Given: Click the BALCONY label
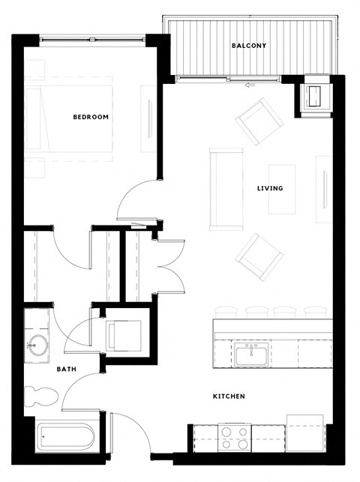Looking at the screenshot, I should [x=248, y=46].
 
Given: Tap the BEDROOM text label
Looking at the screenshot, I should [x=91, y=117].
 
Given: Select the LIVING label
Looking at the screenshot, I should [x=270, y=188].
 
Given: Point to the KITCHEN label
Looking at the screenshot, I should [x=228, y=397].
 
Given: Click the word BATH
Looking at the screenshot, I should [x=67, y=370].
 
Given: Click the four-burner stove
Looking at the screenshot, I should [x=234, y=437].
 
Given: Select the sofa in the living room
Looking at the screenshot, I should [x=226, y=187].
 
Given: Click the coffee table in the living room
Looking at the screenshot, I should [x=282, y=189].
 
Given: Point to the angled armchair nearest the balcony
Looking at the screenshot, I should [x=258, y=120].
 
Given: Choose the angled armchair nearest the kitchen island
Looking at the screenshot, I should [x=259, y=256].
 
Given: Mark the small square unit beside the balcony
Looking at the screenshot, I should [x=316, y=95].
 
